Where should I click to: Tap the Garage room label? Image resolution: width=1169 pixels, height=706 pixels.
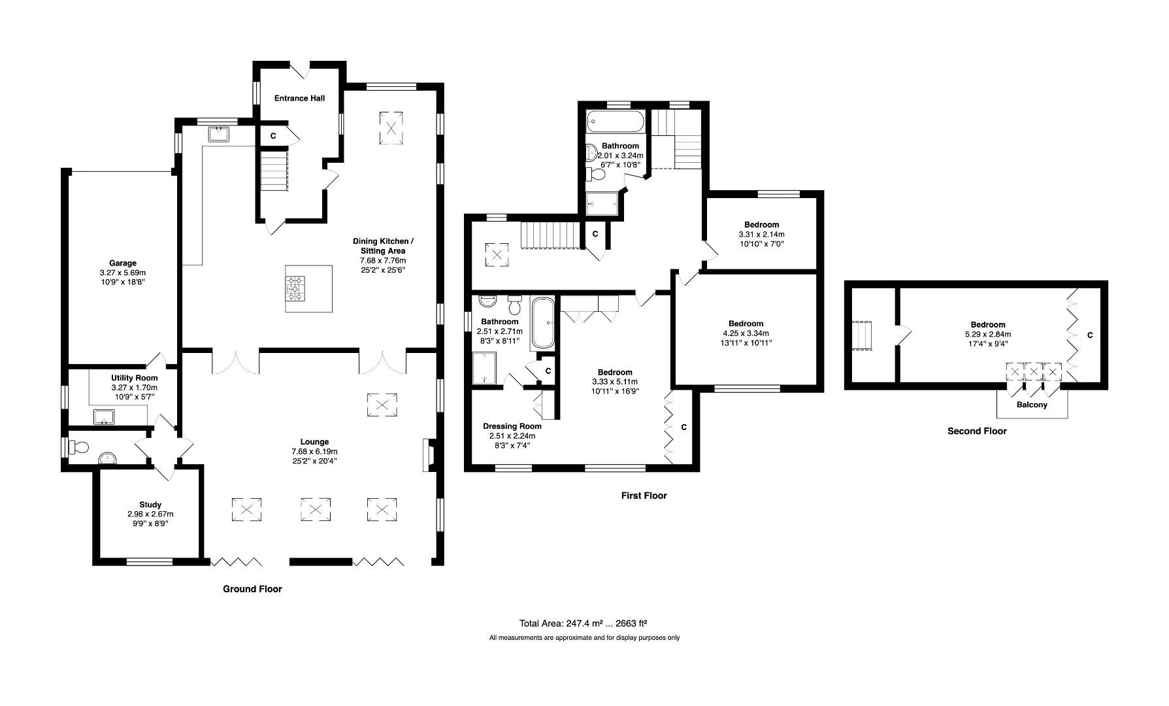[x=123, y=263]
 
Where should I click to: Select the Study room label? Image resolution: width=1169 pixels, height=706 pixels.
[x=150, y=505]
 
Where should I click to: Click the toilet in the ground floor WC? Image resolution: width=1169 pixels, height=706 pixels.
[x=79, y=448]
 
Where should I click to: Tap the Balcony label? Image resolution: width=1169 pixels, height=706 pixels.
[x=1032, y=405]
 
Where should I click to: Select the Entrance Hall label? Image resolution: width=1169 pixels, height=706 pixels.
[x=299, y=98]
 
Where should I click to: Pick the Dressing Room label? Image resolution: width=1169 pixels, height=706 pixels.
[x=512, y=426]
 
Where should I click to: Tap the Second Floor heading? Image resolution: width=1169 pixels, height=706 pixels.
[x=977, y=431]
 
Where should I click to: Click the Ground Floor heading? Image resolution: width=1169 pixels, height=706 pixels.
[x=252, y=589]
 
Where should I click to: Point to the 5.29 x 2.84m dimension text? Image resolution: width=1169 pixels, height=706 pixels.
[x=987, y=334]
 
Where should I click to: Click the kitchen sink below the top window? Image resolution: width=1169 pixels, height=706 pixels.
[x=218, y=135]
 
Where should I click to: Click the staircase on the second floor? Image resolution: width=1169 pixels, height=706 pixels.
[x=862, y=335]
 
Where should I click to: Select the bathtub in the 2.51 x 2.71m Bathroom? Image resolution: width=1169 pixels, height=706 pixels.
[x=542, y=323]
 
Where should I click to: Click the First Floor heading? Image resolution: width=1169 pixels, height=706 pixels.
[x=644, y=496]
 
